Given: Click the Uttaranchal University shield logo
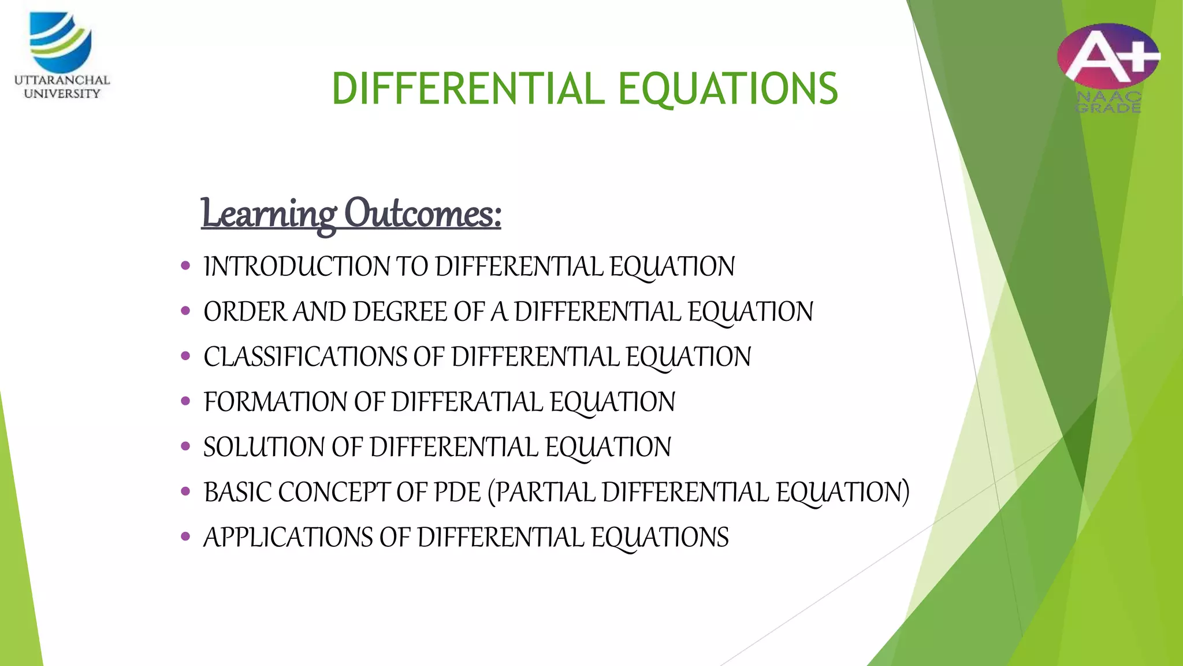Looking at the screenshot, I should point(61,42).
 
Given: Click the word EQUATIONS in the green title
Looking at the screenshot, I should point(728,89).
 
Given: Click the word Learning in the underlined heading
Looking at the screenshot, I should point(269,214).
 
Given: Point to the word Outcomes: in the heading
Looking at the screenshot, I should point(423,214).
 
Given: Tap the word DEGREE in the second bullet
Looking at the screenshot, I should point(400,312).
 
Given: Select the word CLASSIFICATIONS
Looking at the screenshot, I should point(306,357).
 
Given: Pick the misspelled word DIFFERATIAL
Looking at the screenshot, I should point(468,402).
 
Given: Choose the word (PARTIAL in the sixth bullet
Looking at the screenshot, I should point(541,493).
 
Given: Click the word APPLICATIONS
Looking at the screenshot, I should point(288,538).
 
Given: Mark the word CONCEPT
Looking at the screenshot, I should point(334,493).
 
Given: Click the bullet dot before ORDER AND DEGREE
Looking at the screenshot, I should point(185,311).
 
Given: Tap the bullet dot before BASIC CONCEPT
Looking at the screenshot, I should point(185,491).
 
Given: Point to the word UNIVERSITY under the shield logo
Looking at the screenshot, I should point(62,94).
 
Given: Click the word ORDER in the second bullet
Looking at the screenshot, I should point(245,312).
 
